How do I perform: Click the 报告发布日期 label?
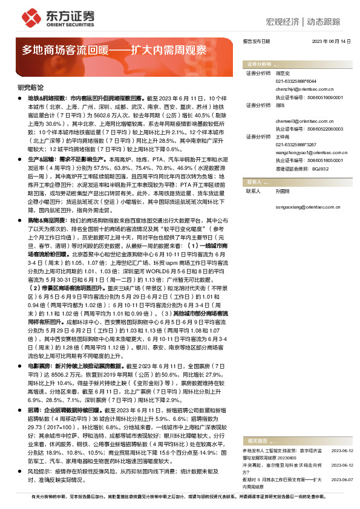tap(255, 41)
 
